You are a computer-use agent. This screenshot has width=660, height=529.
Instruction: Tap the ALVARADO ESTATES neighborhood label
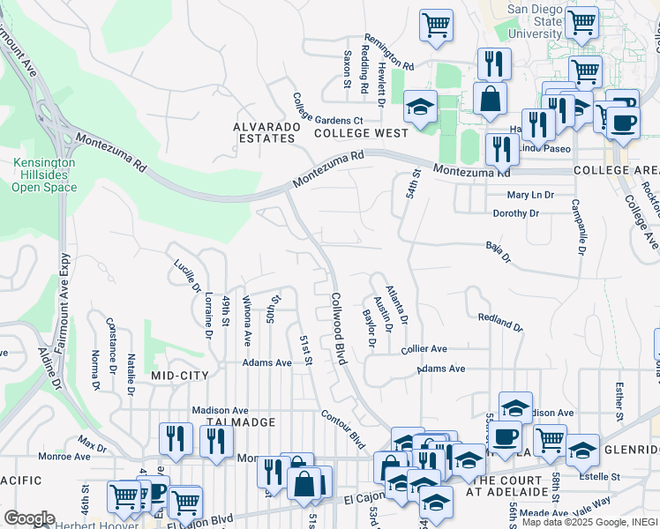tap(264, 132)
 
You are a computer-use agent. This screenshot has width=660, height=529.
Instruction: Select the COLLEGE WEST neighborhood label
tap(361, 133)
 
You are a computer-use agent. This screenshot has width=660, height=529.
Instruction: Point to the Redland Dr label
tap(500, 322)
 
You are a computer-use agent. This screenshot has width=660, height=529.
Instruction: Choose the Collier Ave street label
tap(424, 350)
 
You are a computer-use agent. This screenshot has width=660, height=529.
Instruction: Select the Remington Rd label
tap(389, 57)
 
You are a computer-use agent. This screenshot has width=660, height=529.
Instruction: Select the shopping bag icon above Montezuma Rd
tap(490, 99)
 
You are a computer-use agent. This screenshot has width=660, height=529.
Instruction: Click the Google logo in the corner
tap(29, 518)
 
